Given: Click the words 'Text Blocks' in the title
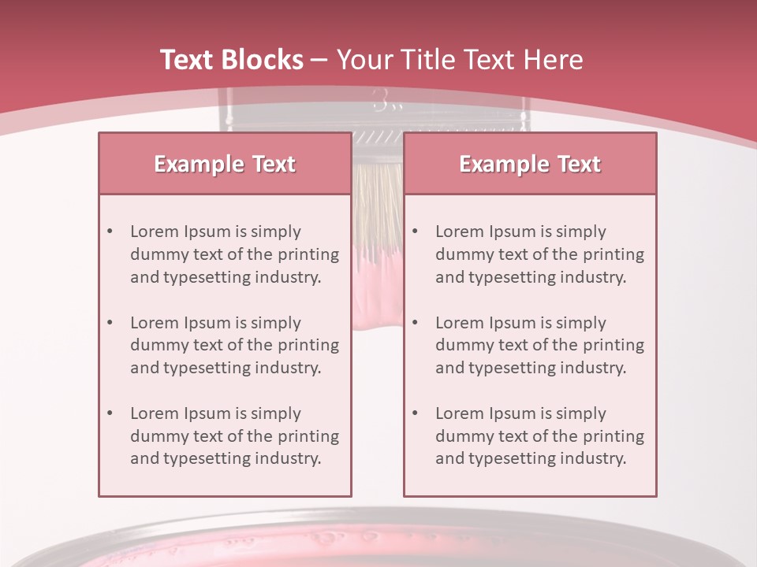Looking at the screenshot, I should coord(231,60).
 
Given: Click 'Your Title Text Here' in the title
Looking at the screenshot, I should coord(460,60).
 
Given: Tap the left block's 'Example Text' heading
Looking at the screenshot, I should coord(225,164).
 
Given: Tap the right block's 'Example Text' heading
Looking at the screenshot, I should coord(530,164).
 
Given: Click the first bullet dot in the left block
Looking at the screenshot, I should coord(110,232).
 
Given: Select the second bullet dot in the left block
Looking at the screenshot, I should coord(110,323).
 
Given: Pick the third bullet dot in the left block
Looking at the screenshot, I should coord(110,413).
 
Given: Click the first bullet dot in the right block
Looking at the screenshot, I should coord(415,232).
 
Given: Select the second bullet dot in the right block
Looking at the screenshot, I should coord(415,323).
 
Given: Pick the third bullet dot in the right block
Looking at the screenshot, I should coord(415,413).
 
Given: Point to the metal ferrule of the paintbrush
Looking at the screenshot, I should coord(377,118).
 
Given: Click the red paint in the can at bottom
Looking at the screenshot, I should coord(378,556).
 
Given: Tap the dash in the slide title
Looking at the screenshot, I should coord(319,60).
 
